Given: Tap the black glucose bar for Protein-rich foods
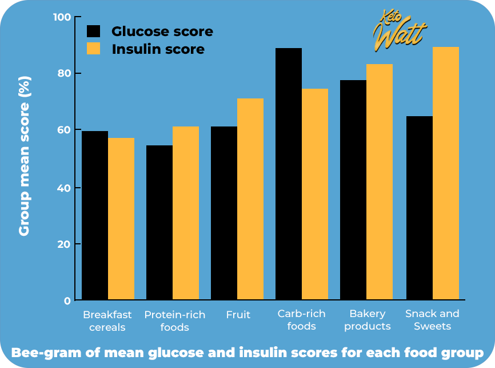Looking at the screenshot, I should point(159,223).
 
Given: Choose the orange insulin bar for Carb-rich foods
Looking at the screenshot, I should point(315,194).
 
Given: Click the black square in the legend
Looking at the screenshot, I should point(93,31).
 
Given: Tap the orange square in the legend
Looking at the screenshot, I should point(93,49).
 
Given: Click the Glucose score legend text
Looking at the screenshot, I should point(162,31).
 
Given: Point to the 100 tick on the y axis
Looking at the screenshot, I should point(62,17).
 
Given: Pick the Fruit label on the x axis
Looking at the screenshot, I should point(238,314).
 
